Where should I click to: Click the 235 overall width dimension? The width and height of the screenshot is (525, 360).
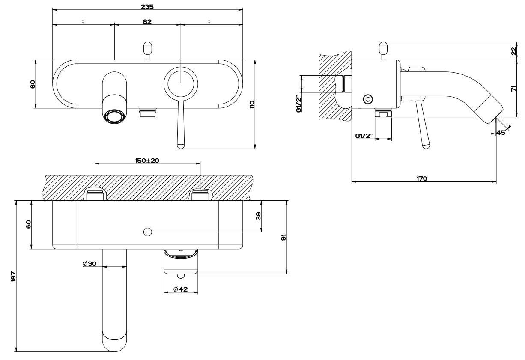coord(147,7)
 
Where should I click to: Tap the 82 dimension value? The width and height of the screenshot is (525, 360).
coord(147,21)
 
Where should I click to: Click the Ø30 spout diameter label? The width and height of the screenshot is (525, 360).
coord(89,264)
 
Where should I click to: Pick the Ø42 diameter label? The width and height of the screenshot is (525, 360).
coord(181,290)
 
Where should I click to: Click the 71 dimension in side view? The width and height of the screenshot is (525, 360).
coord(514,89)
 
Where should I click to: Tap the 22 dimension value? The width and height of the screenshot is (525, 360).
coord(514,51)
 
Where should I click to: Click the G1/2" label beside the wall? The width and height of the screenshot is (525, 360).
coord(298,104)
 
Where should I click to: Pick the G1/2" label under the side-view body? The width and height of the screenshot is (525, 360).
coord(364,137)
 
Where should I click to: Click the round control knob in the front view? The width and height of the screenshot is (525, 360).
coord(181,83)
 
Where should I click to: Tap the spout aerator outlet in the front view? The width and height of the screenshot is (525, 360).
coord(115,116)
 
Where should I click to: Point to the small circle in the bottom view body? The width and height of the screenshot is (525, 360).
coord(148,232)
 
